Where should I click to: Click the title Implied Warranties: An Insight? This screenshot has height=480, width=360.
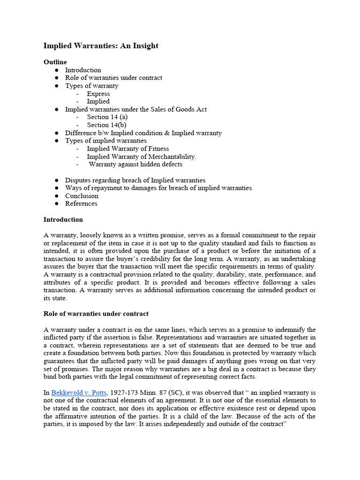[101, 46]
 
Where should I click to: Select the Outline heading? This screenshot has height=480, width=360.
[55, 62]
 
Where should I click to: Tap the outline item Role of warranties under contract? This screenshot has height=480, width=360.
[113, 78]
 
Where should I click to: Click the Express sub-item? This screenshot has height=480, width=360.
[98, 94]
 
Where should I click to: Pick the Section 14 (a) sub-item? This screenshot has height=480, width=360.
[107, 117]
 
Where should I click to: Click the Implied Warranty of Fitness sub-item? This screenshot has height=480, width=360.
[128, 149]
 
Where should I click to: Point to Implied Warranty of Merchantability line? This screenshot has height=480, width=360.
[142, 157]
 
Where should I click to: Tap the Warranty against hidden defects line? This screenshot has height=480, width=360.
[135, 165]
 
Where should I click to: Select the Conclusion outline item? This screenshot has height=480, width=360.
[82, 196]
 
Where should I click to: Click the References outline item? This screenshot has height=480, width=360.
[81, 204]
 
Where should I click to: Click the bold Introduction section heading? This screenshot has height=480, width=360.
[63, 220]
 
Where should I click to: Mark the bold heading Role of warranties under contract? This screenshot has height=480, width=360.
[96, 314]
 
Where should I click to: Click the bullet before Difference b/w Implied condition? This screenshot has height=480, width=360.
[56, 133]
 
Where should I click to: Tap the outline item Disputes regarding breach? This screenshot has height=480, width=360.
[135, 180]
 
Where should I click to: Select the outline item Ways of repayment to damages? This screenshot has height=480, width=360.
[158, 188]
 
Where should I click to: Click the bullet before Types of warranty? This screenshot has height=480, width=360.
[56, 86]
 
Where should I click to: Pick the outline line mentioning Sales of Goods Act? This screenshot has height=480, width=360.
[135, 110]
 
